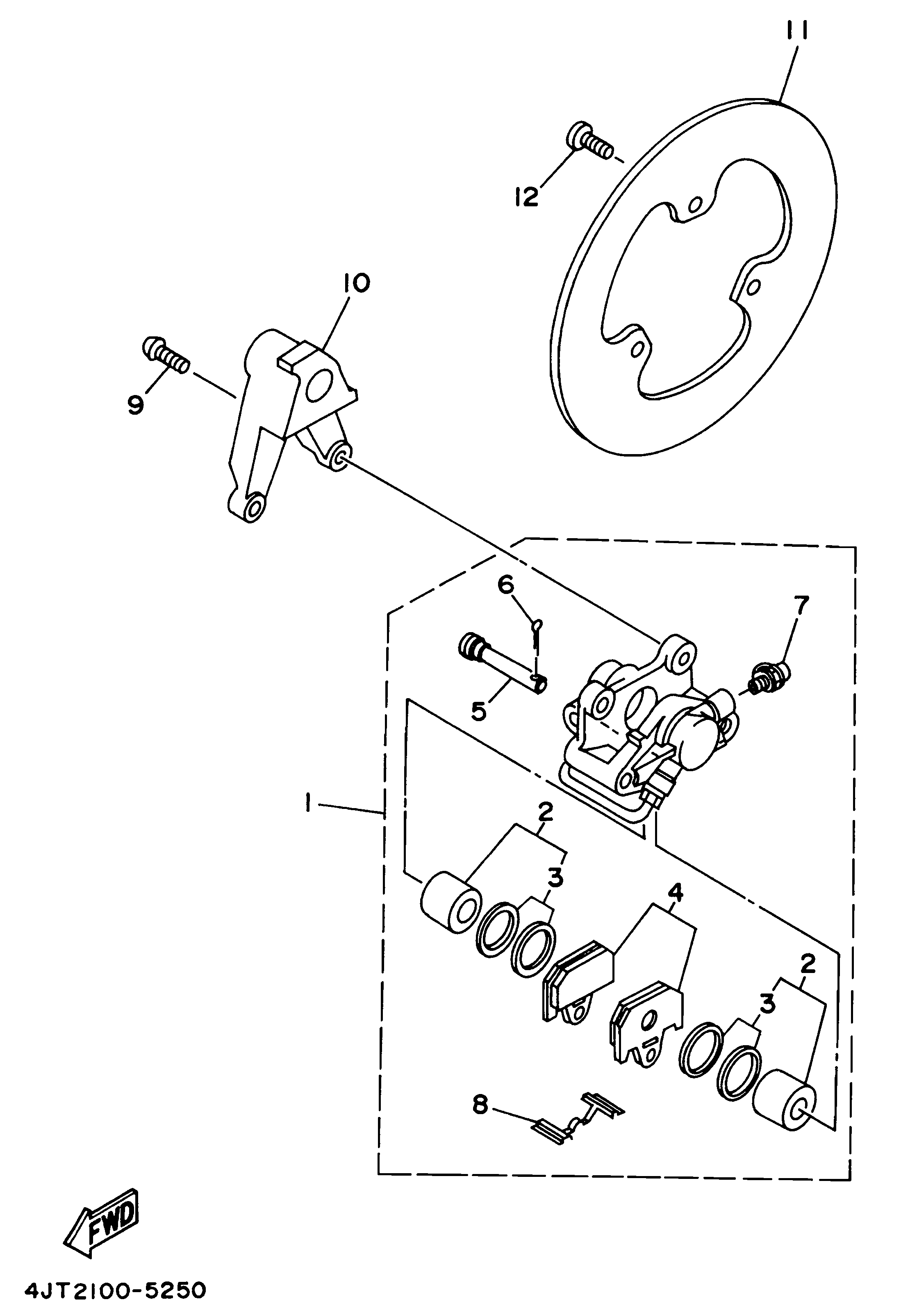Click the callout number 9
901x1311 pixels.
136,404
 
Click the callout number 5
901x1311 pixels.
479,711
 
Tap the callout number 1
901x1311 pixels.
308,803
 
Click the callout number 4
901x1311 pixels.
675,893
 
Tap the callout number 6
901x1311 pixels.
506,585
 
